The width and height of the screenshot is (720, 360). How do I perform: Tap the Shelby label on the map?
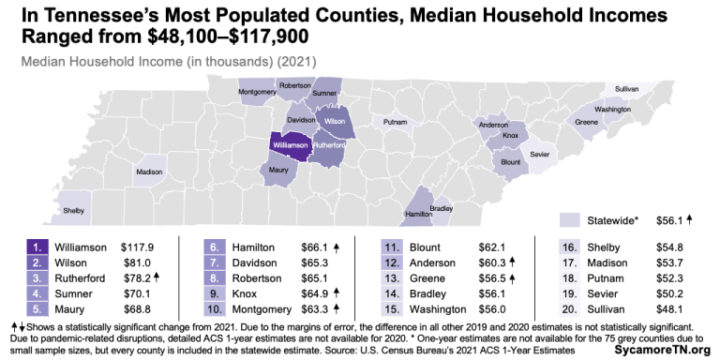74,211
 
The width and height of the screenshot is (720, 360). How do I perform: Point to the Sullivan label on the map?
627,88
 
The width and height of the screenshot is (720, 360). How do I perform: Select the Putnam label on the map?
396,123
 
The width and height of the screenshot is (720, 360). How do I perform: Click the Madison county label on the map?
149,172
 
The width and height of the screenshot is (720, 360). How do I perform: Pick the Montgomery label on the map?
257,92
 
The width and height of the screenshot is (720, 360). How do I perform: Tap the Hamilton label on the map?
418,214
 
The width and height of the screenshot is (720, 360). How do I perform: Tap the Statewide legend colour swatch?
572,219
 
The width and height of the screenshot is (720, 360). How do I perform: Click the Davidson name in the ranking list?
256,262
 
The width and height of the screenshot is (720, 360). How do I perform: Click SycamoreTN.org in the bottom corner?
669,349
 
